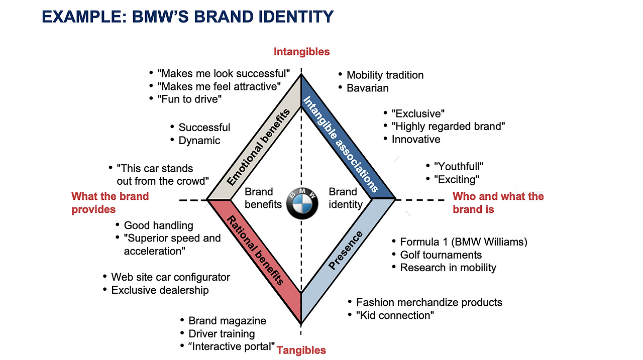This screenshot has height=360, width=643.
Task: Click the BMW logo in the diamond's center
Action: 302,204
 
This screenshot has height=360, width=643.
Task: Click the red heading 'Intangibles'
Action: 301,52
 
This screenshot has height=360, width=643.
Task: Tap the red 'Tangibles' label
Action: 301,350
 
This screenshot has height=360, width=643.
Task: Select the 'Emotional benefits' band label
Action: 258,148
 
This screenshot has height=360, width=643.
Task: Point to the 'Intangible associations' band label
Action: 341,144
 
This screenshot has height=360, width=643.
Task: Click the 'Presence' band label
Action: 345,250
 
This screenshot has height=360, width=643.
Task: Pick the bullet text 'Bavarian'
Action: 367,88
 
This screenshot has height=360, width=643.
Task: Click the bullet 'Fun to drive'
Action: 189,99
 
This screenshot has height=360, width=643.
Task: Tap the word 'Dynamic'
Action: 199,141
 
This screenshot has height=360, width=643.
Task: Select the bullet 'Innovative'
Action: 416,140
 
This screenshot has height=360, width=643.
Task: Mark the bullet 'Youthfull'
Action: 459,166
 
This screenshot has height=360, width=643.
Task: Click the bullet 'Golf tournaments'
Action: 441,255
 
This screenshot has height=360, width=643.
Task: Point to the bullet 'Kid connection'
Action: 395,315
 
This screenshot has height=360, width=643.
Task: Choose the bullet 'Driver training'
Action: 222,334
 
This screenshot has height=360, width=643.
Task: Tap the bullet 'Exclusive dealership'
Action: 160,290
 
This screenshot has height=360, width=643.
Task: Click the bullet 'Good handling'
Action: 158,225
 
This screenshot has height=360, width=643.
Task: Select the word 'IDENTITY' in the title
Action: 296,17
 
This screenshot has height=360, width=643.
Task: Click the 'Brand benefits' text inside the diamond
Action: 263,198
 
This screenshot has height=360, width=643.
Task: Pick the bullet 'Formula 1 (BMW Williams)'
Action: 464,242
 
